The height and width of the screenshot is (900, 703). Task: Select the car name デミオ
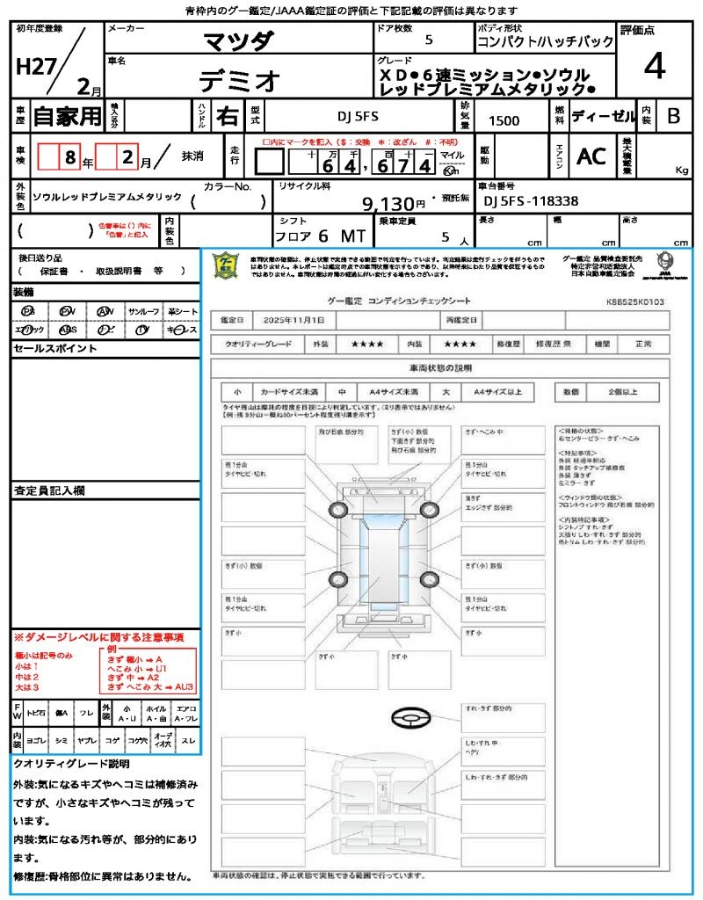239,81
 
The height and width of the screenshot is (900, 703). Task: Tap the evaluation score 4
654,66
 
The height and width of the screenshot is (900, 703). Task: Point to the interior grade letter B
673,115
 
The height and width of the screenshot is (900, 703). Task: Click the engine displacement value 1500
504,121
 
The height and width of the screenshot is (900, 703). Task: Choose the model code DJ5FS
359,115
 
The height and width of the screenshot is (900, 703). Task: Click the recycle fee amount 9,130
401,204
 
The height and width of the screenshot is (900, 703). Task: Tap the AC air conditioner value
591,156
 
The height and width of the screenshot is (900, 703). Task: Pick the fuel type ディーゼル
604,115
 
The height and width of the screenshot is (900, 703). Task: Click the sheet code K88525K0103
634,301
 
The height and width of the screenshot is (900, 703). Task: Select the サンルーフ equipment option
143,312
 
